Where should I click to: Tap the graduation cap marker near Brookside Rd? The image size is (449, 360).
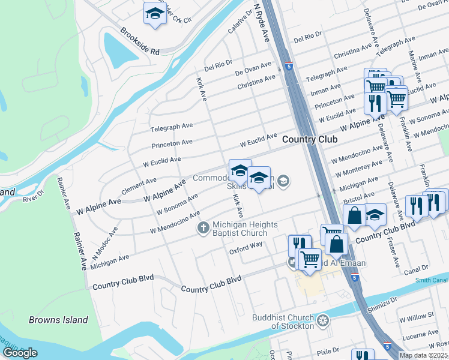click(x=155, y=14)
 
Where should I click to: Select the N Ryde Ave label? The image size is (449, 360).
click(x=261, y=23)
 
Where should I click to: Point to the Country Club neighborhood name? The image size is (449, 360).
click(x=309, y=139)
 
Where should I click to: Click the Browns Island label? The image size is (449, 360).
click(x=58, y=320)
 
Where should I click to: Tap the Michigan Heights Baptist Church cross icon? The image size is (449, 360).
click(x=203, y=228)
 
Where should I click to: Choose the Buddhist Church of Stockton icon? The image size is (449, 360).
click(x=323, y=321)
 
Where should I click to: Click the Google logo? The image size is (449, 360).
click(x=20, y=353)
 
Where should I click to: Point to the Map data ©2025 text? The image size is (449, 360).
click(x=423, y=355)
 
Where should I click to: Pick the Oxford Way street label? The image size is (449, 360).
click(x=246, y=248)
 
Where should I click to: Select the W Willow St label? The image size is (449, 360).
click(x=417, y=316)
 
